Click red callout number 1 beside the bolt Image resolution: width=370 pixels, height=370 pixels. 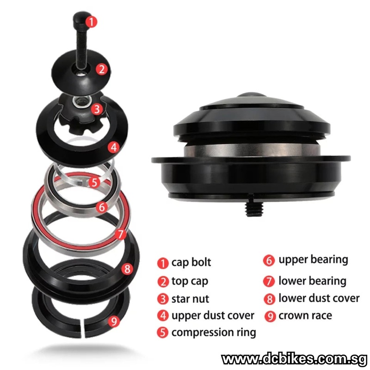click(91, 22)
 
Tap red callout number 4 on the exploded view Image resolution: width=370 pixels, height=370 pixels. click(114, 147)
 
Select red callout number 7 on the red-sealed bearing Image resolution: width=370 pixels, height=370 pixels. click(121, 234)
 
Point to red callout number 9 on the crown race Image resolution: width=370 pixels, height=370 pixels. click(114, 321)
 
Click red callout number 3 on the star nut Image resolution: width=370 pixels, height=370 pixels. click(97, 109)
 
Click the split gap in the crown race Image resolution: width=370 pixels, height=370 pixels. click(82, 328)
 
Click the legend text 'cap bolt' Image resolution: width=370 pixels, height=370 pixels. click(191, 262)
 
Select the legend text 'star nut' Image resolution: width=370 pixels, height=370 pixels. click(190, 299)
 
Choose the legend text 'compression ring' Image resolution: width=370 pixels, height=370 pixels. click(214, 333)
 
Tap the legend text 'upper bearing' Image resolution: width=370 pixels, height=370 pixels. click(314, 260)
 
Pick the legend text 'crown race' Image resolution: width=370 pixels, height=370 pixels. click(305, 315)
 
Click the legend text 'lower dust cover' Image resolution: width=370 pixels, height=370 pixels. click(319, 298)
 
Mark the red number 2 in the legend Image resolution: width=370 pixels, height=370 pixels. click(163, 282)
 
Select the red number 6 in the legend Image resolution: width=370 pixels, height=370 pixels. click(269, 260)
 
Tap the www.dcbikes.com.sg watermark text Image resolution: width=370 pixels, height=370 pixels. click(294, 359)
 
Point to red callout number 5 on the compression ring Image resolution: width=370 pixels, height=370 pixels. click(94, 182)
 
